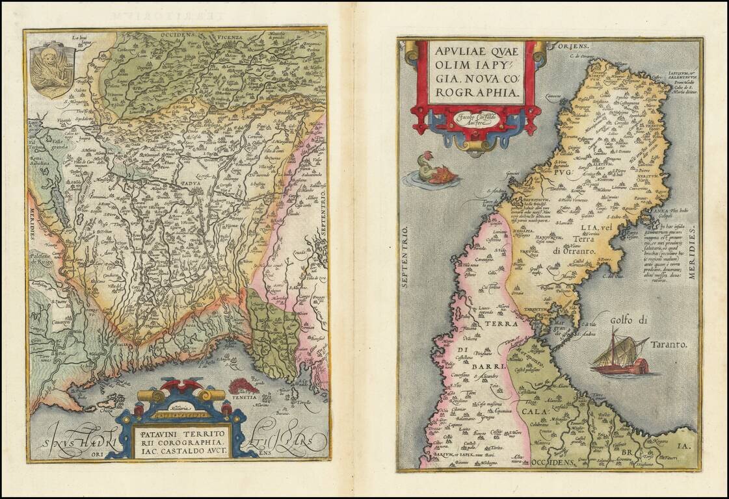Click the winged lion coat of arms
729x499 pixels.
pyautogui.click(x=52, y=69)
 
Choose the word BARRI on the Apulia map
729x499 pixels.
pyautogui.click(x=484, y=366)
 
